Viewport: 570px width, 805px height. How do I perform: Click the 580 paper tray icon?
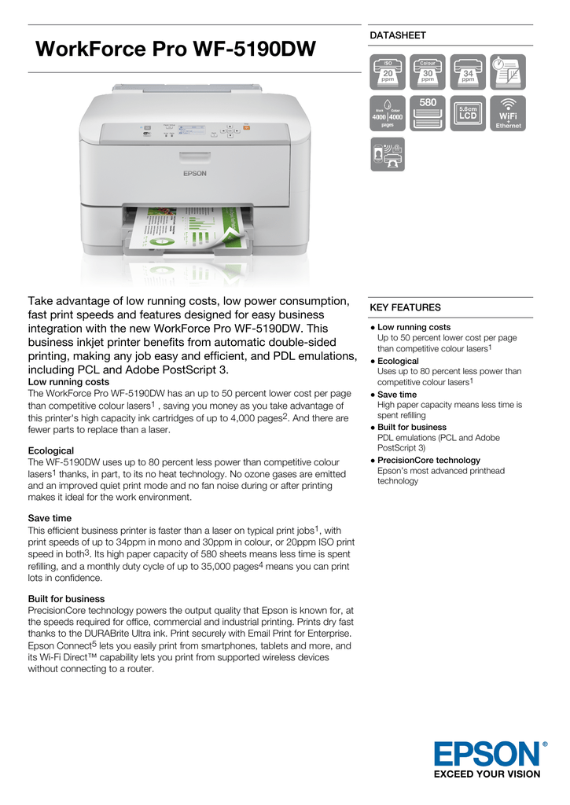(428, 113)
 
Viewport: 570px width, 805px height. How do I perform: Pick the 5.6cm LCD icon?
(468, 113)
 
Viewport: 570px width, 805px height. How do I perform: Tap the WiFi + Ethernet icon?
(508, 113)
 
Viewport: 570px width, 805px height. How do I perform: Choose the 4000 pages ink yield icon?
(387, 113)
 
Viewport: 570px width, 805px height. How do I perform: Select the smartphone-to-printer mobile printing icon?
(387, 154)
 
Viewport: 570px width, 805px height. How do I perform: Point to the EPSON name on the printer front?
(195, 174)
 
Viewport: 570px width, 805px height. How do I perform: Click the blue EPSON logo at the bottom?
(487, 754)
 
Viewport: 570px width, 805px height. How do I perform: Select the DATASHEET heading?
(398, 35)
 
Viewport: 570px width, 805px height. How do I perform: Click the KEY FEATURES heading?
(405, 307)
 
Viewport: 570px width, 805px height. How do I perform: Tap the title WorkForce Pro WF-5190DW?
(176, 50)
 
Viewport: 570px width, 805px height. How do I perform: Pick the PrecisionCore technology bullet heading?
(428, 460)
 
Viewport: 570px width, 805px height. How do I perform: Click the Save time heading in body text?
(50, 518)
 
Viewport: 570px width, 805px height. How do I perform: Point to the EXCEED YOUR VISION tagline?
(487, 774)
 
